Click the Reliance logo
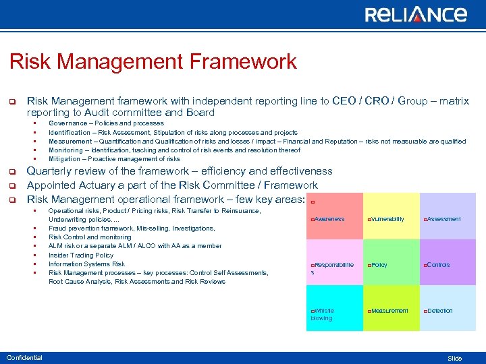point(415,15)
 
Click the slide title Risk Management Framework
point(153,62)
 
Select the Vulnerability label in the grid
point(387,219)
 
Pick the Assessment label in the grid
point(443,219)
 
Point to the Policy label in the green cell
point(379,265)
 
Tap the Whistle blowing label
point(323,314)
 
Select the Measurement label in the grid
point(389,311)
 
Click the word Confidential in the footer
point(24,358)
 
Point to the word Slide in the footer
point(455,359)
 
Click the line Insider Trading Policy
point(81,255)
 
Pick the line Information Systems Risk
point(86,264)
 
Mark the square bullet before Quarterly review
point(11,172)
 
